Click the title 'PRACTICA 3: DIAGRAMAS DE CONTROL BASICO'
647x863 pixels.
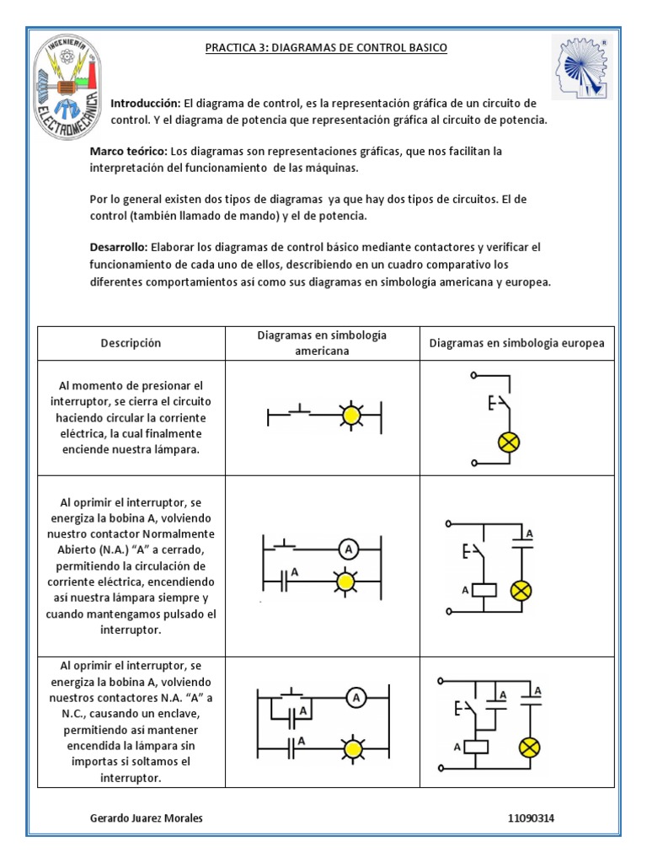[326, 48]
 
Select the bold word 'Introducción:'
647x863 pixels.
[146, 102]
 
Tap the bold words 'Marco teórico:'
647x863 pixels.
[128, 151]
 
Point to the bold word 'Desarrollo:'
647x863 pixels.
[118, 247]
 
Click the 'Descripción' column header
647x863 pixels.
[131, 343]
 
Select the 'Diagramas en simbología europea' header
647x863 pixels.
[516, 343]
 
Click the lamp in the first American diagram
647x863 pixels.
[350, 415]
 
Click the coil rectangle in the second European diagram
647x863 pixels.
[484, 590]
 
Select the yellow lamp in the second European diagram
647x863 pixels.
[521, 591]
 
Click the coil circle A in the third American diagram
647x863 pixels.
[356, 697]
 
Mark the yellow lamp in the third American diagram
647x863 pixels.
[352, 747]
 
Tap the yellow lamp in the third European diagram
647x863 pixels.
[529, 748]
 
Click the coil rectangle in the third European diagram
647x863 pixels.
[479, 747]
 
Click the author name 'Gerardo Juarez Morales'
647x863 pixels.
[146, 818]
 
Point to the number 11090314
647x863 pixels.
[532, 818]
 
